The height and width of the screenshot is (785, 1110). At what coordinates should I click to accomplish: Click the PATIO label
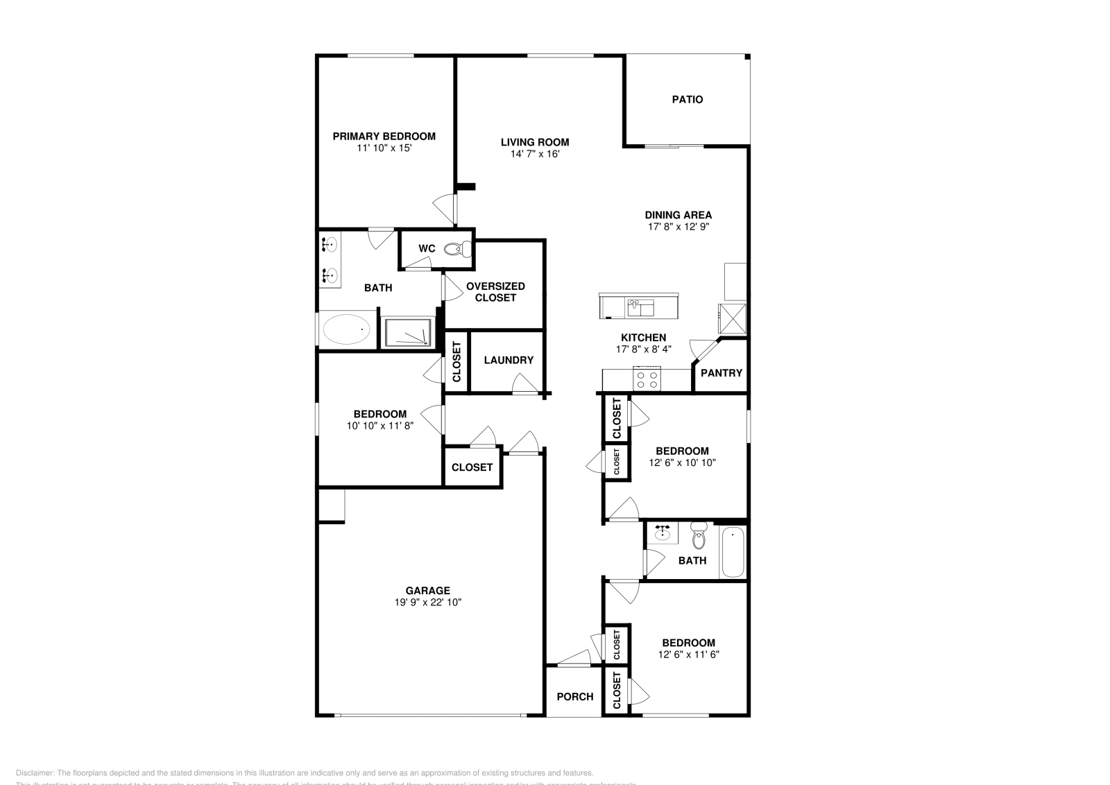[687, 99]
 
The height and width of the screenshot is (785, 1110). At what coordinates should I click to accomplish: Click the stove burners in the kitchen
[647, 379]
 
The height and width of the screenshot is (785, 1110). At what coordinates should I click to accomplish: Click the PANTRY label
[721, 372]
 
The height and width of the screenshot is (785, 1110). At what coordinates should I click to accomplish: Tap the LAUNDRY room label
[509, 360]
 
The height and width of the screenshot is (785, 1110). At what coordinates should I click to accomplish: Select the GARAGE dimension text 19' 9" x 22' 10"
[428, 603]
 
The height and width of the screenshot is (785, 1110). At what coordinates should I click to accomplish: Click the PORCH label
[574, 696]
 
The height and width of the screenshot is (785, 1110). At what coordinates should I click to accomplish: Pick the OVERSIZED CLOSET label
[495, 291]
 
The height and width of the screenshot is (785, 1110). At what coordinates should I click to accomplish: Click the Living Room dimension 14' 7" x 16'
[535, 154]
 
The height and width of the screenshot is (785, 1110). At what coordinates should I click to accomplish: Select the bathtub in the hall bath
[733, 553]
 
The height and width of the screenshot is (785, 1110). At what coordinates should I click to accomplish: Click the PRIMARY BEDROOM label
[384, 136]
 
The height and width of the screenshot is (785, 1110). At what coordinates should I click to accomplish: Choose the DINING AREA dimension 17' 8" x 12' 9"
[678, 226]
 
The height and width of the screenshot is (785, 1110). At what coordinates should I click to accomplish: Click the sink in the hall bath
[663, 533]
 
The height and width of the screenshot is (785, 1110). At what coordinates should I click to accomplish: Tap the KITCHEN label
[643, 337]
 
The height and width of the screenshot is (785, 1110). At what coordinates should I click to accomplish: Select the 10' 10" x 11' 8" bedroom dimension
[380, 426]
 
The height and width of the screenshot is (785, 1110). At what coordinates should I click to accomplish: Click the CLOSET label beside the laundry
[456, 362]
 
